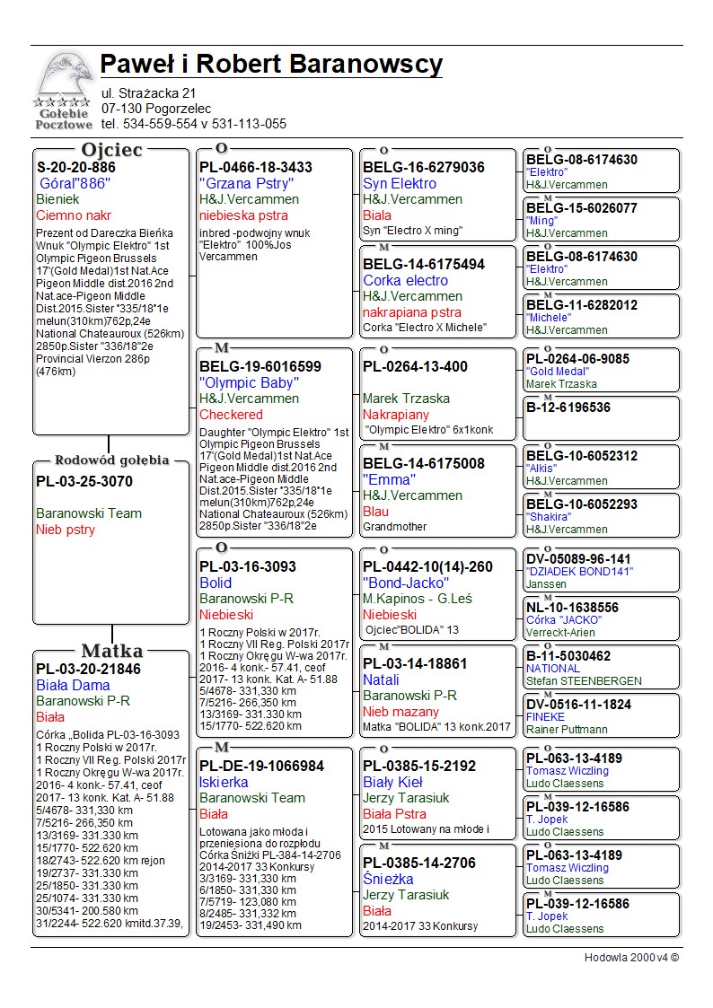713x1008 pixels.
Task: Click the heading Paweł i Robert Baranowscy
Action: pyautogui.click(x=271, y=65)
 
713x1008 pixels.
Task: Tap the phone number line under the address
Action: pyautogui.click(x=194, y=124)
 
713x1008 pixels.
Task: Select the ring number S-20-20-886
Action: pyautogui.click(x=76, y=167)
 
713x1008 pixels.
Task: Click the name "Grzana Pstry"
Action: pyautogui.click(x=247, y=183)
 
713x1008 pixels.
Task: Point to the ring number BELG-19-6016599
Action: pyautogui.click(x=260, y=366)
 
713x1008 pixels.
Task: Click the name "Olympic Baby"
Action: pyautogui.click(x=250, y=382)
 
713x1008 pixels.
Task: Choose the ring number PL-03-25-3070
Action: pyautogui.click(x=84, y=481)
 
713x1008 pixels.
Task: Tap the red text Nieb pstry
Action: pyautogui.click(x=66, y=530)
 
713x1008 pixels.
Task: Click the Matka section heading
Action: pyautogui.click(x=111, y=651)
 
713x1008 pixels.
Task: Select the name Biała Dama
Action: pyautogui.click(x=73, y=685)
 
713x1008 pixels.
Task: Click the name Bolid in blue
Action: pyautogui.click(x=216, y=583)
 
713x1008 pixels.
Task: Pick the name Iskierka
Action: pyautogui.click(x=224, y=782)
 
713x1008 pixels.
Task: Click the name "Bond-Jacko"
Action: pyautogui.click(x=406, y=583)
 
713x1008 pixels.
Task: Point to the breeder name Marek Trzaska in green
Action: pyautogui.click(x=407, y=399)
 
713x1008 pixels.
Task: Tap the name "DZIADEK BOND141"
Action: pyautogui.click(x=579, y=572)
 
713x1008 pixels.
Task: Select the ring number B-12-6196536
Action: pyautogui.click(x=568, y=408)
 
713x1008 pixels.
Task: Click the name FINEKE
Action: pyautogui.click(x=546, y=717)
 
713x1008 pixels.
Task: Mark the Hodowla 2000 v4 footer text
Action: pyautogui.click(x=631, y=957)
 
